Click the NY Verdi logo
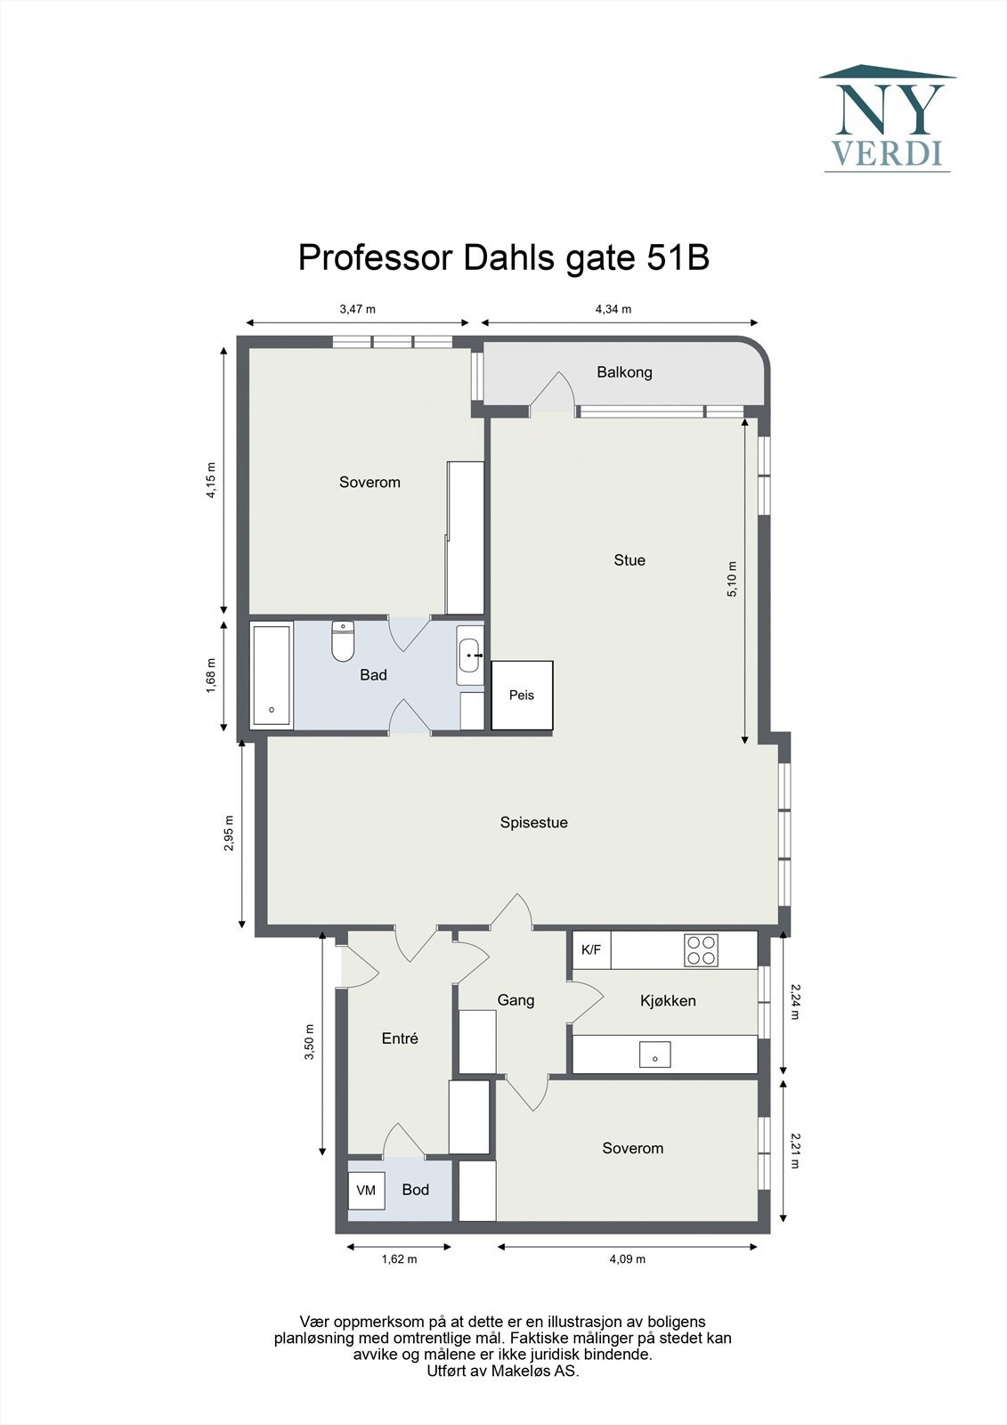(887, 118)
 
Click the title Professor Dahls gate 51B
(503, 257)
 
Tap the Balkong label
(624, 372)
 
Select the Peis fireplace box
(522, 695)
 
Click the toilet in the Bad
(343, 641)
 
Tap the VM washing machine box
(366, 1191)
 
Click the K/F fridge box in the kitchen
(591, 950)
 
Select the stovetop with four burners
(701, 950)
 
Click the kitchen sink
(654, 1054)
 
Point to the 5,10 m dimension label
(732, 579)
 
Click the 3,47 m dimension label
(358, 309)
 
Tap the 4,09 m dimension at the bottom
(628, 1259)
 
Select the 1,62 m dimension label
(399, 1259)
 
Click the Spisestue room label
(533, 823)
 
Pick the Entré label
(400, 1038)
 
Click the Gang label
(516, 1000)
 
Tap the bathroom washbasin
(469, 655)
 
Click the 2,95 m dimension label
(229, 834)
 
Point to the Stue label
(629, 560)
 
